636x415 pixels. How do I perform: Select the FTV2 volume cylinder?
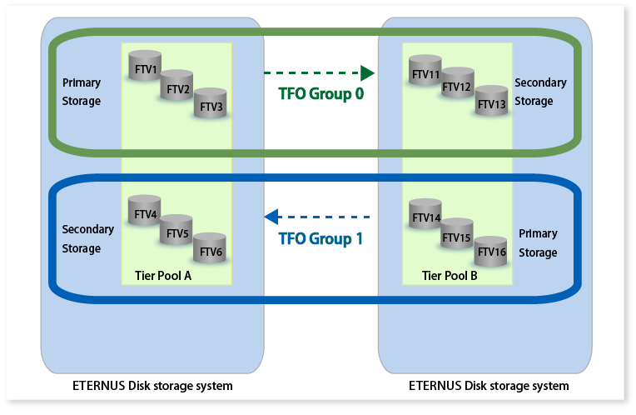coord(177,87)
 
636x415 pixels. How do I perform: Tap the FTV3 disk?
coord(210,105)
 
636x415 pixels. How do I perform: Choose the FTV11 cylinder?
coord(425,72)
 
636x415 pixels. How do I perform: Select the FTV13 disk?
coord(491,102)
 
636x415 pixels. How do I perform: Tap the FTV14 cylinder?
coord(425,216)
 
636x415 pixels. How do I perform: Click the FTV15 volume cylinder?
coord(457,236)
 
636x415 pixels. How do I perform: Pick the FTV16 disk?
coord(491,250)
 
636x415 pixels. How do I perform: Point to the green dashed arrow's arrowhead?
coord(367,72)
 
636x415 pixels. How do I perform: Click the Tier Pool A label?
coord(163,275)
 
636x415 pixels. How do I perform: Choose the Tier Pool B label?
coord(450,275)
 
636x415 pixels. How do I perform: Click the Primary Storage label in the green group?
coord(82,92)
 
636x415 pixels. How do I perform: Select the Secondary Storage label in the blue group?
coord(82,238)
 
